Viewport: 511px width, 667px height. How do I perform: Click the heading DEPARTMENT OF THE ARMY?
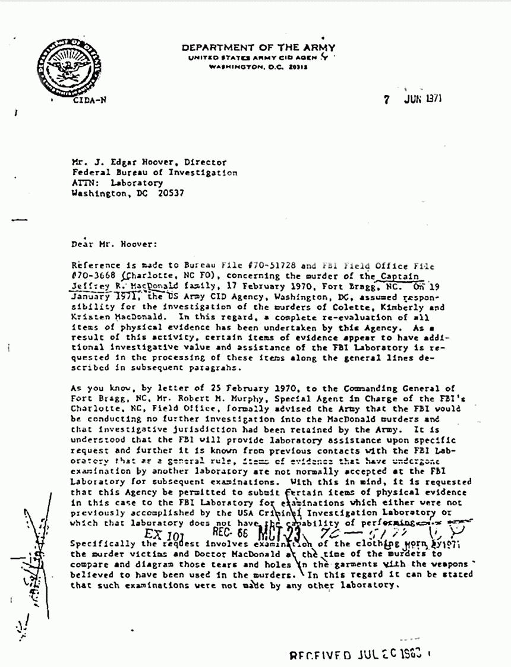click(258, 48)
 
